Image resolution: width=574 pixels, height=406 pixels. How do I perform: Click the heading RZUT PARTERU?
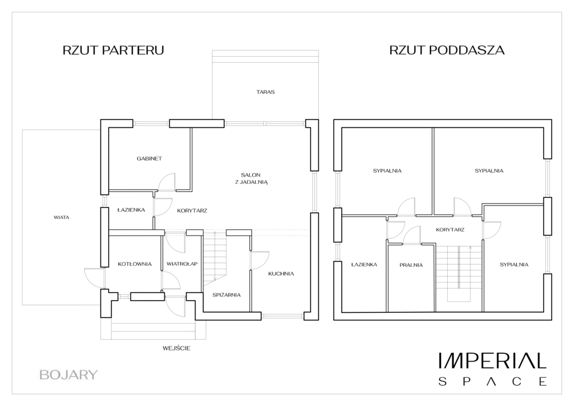pos(113,50)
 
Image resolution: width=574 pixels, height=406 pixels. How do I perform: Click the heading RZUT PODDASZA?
pos(447,50)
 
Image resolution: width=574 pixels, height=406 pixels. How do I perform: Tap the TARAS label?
pos(265,92)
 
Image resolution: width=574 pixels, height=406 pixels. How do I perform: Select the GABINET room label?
pos(149,159)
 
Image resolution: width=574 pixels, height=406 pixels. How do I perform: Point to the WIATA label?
pos(62,217)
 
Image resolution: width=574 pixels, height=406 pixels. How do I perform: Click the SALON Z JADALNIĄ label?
pos(251,178)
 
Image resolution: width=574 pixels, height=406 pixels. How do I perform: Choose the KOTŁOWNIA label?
pos(135,264)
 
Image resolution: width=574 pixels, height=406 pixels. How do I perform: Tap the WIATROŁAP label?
pos(182,264)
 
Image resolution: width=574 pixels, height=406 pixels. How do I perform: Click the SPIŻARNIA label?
pos(226,295)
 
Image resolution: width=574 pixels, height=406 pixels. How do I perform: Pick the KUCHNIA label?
pos(281,274)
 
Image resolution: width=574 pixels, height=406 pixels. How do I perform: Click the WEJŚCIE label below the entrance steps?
pos(177,348)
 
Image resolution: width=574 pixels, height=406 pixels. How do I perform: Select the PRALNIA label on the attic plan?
pos(411,265)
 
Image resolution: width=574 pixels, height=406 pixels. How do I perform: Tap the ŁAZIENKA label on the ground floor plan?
pos(131,210)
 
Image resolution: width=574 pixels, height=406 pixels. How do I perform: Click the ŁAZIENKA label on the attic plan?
pos(364,264)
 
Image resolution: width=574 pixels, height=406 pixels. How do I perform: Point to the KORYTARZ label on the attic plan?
pos(450,230)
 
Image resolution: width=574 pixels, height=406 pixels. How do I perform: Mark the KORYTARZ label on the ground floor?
pos(192,210)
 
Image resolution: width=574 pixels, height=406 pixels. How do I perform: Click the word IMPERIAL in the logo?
pos(493,361)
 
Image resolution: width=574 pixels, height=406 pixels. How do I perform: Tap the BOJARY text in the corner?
pos(68,375)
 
